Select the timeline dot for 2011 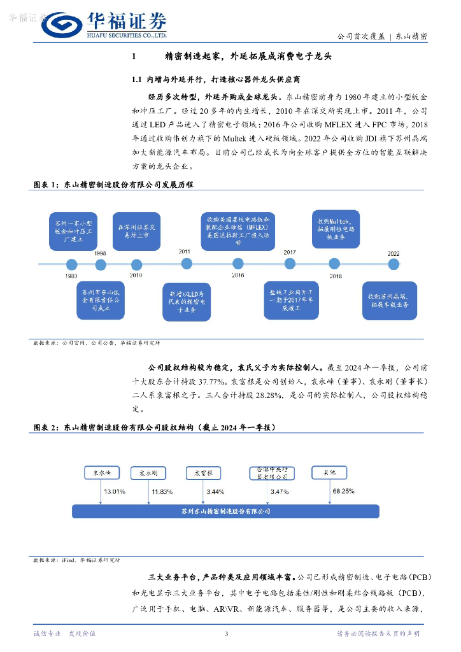tap(186, 262)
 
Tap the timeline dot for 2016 tap(238, 262)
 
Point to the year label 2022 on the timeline tap(394, 253)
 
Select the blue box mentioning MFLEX tap(238, 230)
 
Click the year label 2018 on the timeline tap(336, 276)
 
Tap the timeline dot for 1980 tap(71, 263)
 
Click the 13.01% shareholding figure tap(115, 492)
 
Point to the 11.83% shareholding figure tap(162, 492)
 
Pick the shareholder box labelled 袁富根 tap(202, 473)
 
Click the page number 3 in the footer tap(227, 634)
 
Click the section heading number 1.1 tap(136, 80)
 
